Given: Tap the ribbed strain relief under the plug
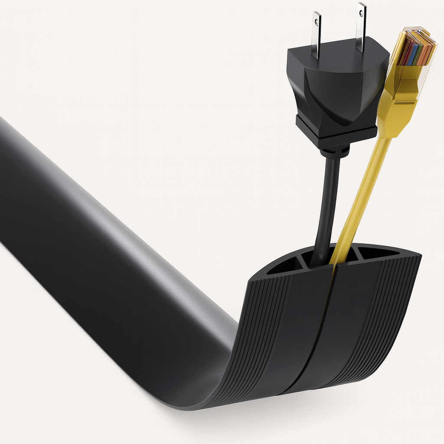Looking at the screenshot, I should (334, 152).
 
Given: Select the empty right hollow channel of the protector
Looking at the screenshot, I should (377, 253).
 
